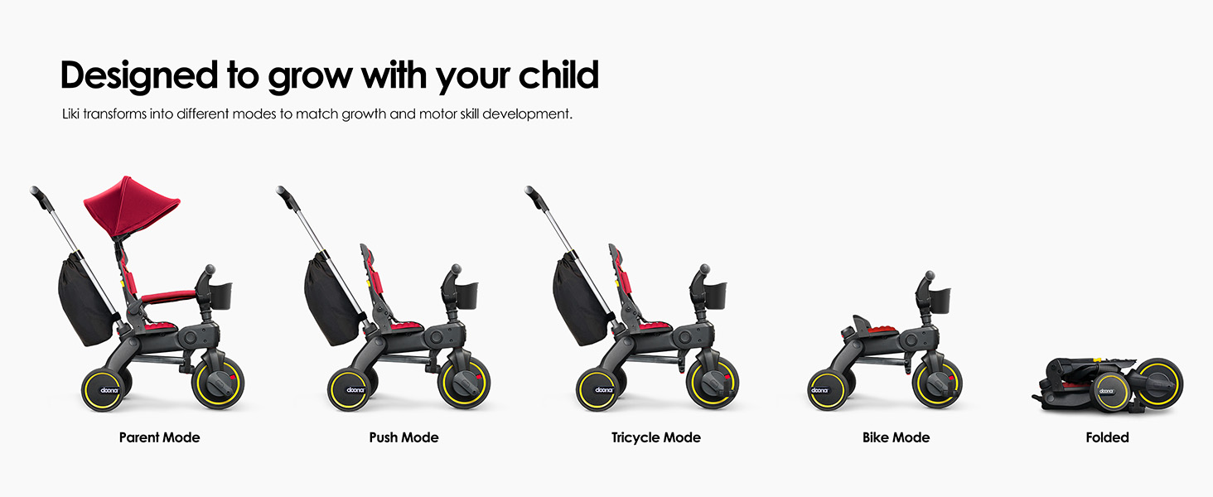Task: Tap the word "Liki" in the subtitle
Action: (73, 113)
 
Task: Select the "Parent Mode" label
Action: (159, 437)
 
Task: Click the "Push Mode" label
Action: (404, 437)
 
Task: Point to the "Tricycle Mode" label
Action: (655, 437)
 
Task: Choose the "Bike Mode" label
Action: (896, 437)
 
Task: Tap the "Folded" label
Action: (1107, 437)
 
